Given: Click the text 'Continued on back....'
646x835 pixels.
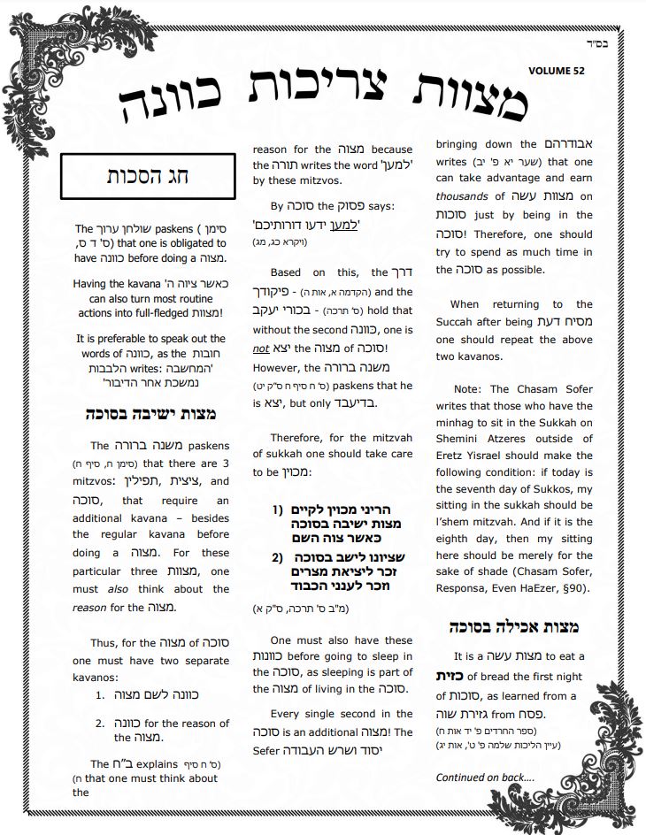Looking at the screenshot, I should pyautogui.click(x=485, y=777).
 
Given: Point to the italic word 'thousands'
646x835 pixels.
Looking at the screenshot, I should pyautogui.click(x=464, y=196).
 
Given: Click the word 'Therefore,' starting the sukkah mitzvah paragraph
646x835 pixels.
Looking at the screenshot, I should pyautogui.click(x=297, y=437).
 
